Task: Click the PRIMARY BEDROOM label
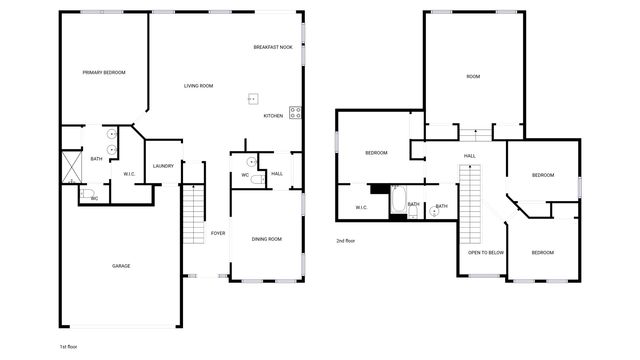[x=104, y=72]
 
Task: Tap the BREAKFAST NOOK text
[x=272, y=47]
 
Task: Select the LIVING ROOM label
[x=198, y=86]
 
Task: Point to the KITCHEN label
[x=273, y=116]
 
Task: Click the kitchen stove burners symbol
[x=296, y=113]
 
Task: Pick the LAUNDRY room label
[x=163, y=166]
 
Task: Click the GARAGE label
[x=121, y=266]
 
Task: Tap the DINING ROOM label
[x=266, y=239]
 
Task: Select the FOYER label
[x=217, y=234]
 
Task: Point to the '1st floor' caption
[x=69, y=346]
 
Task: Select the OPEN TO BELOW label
[x=486, y=253]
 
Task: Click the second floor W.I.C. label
[x=361, y=208]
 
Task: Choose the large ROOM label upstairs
[x=473, y=77]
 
